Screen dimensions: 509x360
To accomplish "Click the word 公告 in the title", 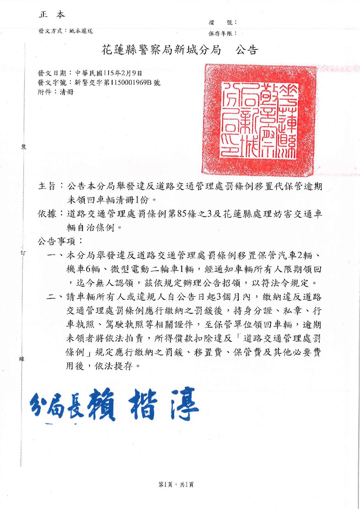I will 247,50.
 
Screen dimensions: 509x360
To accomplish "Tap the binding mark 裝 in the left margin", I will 23,147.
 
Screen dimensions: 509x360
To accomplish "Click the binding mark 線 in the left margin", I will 22,359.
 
